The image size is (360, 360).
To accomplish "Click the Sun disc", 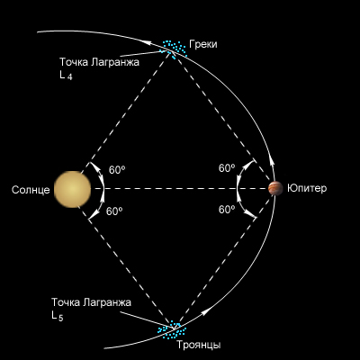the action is click(x=73, y=189).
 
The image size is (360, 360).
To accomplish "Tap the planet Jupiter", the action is click(x=275, y=188).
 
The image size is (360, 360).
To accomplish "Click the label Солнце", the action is click(x=31, y=190).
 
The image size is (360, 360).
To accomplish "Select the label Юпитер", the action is click(x=307, y=188).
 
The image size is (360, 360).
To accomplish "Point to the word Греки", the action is click(x=203, y=44).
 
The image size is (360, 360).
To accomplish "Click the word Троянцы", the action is click(x=199, y=345).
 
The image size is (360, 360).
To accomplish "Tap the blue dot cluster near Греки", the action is click(x=175, y=49).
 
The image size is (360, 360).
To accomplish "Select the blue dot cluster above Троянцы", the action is click(x=173, y=330).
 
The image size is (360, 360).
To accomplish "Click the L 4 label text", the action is click(x=66, y=75).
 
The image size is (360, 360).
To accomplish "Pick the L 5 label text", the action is click(x=58, y=316).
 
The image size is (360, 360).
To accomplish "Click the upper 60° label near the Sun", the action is click(x=117, y=170).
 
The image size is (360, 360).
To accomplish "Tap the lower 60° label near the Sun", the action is click(x=114, y=211).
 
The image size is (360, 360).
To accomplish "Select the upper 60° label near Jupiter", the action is click(x=227, y=168).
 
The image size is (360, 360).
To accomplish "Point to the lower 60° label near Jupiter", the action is click(x=227, y=210).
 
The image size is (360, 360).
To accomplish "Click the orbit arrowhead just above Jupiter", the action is click(x=273, y=162).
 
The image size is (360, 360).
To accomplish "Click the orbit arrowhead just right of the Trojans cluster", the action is click(x=204, y=312).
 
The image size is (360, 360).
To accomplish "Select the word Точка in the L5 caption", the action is click(x=66, y=302).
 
